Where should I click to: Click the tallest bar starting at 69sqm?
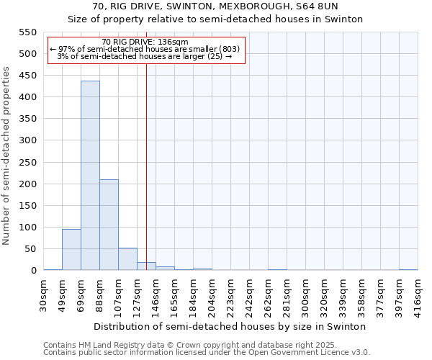click(x=90, y=176)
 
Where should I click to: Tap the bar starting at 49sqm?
click(x=71, y=249)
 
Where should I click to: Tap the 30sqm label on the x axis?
click(x=44, y=292)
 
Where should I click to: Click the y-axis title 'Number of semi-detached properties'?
click(x=6, y=156)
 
